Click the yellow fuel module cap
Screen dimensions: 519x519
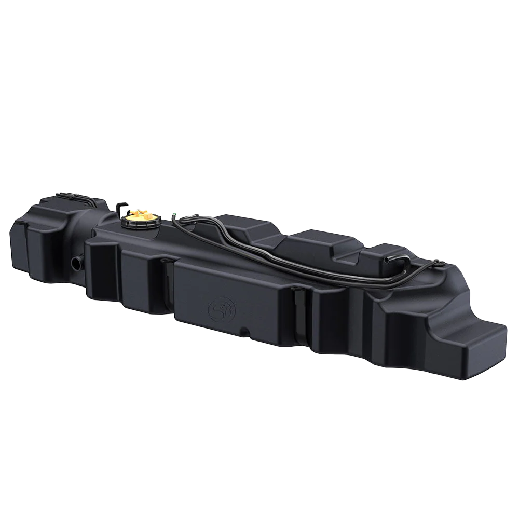tap(140, 214)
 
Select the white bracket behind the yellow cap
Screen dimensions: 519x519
tap(122, 209)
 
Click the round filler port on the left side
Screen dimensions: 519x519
tap(77, 263)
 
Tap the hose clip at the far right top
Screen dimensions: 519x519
tap(436, 263)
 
